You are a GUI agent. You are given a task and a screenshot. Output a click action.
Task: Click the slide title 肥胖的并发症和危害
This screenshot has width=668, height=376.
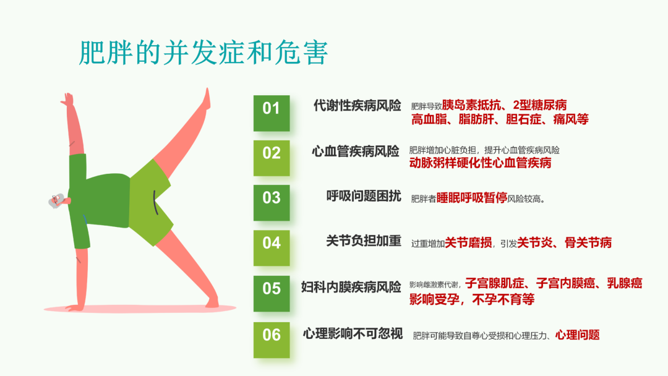coord(203,53)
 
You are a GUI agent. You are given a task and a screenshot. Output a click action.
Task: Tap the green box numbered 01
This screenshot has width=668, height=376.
coord(272,113)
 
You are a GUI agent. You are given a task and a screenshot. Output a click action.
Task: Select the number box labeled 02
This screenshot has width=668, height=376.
coord(272,158)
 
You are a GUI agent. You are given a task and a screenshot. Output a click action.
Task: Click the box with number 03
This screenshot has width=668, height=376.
coord(272,203)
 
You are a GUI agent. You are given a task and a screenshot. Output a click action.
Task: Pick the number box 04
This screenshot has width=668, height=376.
coord(272,248)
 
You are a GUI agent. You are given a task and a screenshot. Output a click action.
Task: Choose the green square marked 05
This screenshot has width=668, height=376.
coord(272,293)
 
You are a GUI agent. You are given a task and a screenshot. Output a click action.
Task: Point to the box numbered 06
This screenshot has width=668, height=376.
coord(272,340)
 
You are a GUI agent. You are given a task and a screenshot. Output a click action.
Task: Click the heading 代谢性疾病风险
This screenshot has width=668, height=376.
coord(358,105)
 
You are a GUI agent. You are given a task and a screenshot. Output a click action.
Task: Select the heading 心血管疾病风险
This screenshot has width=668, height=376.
coord(355,151)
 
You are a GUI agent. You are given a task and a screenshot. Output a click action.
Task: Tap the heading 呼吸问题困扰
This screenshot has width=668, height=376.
coord(364,196)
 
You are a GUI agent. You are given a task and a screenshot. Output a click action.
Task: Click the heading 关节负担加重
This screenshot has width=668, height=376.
coord(364,241)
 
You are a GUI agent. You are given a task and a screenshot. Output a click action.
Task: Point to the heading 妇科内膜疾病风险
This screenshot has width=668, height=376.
coord(351,287)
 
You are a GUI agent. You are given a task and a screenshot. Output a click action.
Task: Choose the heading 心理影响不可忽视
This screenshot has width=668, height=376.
coord(353,333)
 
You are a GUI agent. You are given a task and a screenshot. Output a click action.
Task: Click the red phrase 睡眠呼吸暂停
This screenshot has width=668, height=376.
coord(471,197)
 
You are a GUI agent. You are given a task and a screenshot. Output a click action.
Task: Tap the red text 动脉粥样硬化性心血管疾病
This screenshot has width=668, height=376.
coord(480,163)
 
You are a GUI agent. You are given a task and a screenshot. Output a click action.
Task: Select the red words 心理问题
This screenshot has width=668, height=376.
coord(577,335)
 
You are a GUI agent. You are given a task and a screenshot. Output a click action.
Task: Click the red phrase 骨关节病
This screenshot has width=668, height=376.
coord(588,242)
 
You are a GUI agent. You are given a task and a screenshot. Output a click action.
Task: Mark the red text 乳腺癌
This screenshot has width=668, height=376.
coord(624,283)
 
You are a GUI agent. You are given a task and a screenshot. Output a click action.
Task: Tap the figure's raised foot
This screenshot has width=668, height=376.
coord(207,100)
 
